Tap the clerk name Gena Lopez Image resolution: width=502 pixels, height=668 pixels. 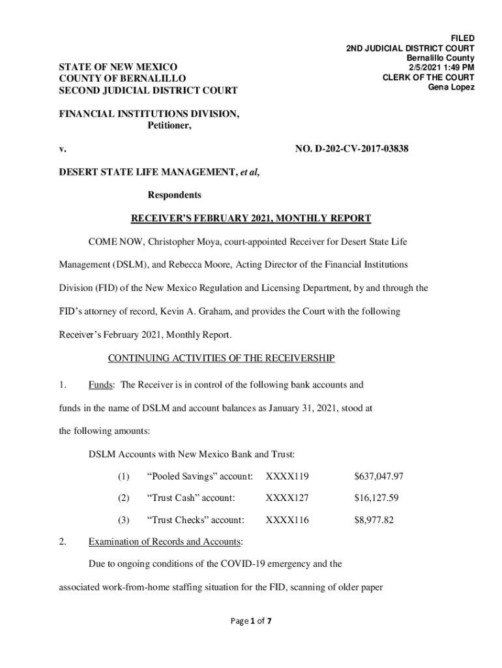coord(450,87)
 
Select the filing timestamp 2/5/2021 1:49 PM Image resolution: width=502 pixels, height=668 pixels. coord(441,67)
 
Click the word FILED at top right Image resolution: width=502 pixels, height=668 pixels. coord(462,38)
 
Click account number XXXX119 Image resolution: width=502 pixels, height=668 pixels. coord(287,477)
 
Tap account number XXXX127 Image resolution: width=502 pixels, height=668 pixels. coord(287,498)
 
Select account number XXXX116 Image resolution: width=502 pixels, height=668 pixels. coord(287,520)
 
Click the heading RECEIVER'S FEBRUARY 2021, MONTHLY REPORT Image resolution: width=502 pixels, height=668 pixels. coord(251,218)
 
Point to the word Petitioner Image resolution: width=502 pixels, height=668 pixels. coord(166,127)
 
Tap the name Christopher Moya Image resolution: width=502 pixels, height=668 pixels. coord(183,243)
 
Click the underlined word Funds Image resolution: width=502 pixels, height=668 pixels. coord(101,385)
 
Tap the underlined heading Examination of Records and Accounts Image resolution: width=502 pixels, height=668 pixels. coord(165,541)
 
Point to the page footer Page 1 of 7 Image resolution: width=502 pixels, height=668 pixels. coord(251,621)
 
